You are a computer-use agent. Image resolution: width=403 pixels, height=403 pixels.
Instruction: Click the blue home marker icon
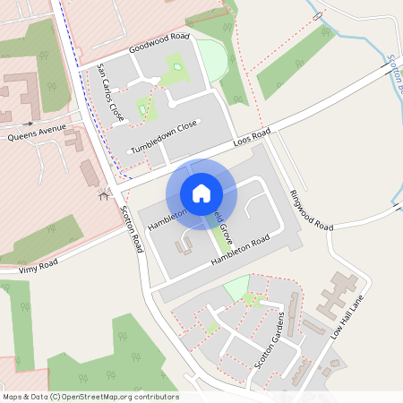point(201,193)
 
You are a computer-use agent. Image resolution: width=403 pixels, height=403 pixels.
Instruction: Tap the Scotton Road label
point(132,229)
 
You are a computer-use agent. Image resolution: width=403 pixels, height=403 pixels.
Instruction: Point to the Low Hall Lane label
point(350,318)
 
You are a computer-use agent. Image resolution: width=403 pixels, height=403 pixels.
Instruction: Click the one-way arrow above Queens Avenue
point(30,123)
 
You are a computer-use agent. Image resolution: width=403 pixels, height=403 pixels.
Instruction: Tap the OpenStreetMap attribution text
point(90,396)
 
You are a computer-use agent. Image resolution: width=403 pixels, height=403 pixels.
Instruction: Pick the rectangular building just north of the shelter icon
point(90,173)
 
